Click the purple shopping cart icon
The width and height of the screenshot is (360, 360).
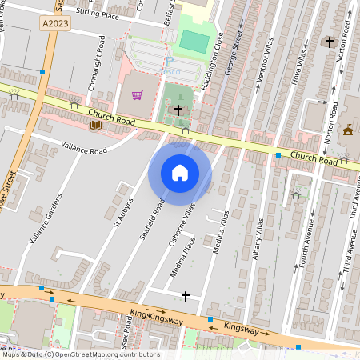pos(137,95)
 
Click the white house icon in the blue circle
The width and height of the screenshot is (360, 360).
pos(180,173)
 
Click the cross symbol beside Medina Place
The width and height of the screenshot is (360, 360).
pos(186,297)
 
